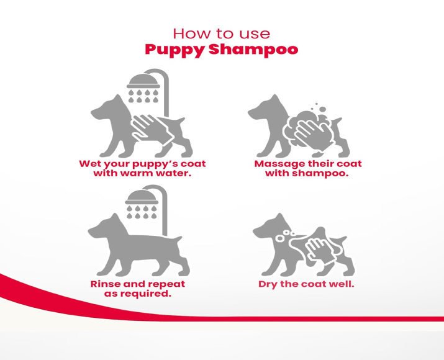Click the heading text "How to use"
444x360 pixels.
pos(221,33)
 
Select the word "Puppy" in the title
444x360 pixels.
pos(174,50)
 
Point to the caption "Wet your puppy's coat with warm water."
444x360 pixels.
pos(142,168)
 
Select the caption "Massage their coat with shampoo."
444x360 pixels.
pos(307,168)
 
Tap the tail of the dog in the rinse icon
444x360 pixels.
pos(182,235)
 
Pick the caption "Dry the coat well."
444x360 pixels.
pos(306,284)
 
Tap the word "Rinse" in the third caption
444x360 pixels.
pos(105,284)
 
